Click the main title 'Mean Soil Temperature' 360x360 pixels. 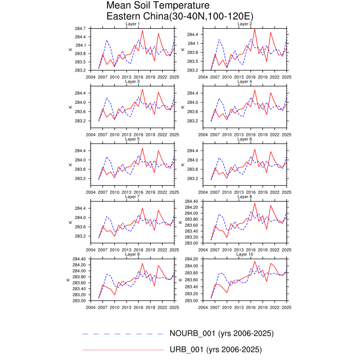[x=151, y=6]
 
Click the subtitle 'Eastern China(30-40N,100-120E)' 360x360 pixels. [x=179, y=16]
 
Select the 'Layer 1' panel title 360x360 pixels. [x=133, y=24]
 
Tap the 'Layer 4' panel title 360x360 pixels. [x=244, y=82]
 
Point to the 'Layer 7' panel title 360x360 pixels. [x=133, y=197]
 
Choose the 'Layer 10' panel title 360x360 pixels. [x=244, y=255]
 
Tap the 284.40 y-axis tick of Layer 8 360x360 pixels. [x=191, y=201]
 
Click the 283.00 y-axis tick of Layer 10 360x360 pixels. [x=191, y=301]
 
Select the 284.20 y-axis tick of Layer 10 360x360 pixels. [x=191, y=259]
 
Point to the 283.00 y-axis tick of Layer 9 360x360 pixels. [x=80, y=301]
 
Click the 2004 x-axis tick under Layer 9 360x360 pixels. [x=91, y=307]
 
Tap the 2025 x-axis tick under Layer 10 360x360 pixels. [x=286, y=307]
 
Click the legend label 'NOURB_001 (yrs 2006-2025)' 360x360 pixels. [x=222, y=333]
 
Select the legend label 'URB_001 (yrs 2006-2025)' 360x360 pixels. [x=215, y=350]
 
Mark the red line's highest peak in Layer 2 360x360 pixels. [x=255, y=29]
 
